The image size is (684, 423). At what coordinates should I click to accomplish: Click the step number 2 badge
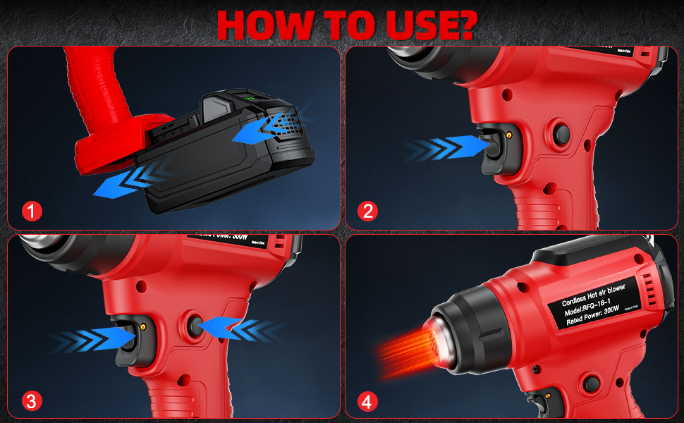coord(367,210)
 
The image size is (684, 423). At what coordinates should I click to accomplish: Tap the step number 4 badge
coord(367,401)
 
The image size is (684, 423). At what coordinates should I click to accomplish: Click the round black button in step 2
coord(562,133)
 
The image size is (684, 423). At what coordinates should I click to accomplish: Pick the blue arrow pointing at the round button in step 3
coord(236,326)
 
